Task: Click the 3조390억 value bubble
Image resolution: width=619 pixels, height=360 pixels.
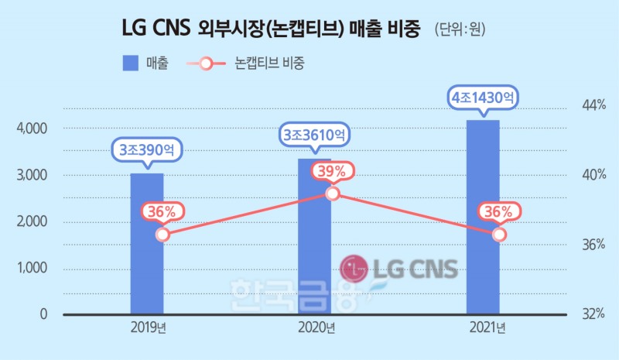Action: click(146, 149)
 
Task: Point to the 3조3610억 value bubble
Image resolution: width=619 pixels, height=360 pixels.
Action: click(314, 135)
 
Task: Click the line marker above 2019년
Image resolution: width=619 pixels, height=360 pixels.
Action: click(162, 235)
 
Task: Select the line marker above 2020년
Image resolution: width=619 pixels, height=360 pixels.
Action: click(333, 193)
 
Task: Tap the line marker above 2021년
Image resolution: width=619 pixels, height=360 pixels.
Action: click(500, 234)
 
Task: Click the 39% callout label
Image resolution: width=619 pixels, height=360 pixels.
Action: click(333, 171)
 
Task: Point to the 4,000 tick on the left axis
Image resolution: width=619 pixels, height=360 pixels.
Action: click(32, 129)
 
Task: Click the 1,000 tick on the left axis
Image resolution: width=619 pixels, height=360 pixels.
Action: click(32, 269)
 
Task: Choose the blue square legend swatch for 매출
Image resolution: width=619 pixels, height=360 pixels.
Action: click(130, 63)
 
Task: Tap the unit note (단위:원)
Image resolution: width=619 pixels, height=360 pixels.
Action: click(460, 31)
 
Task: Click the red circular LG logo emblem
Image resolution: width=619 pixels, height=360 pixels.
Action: click(354, 269)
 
